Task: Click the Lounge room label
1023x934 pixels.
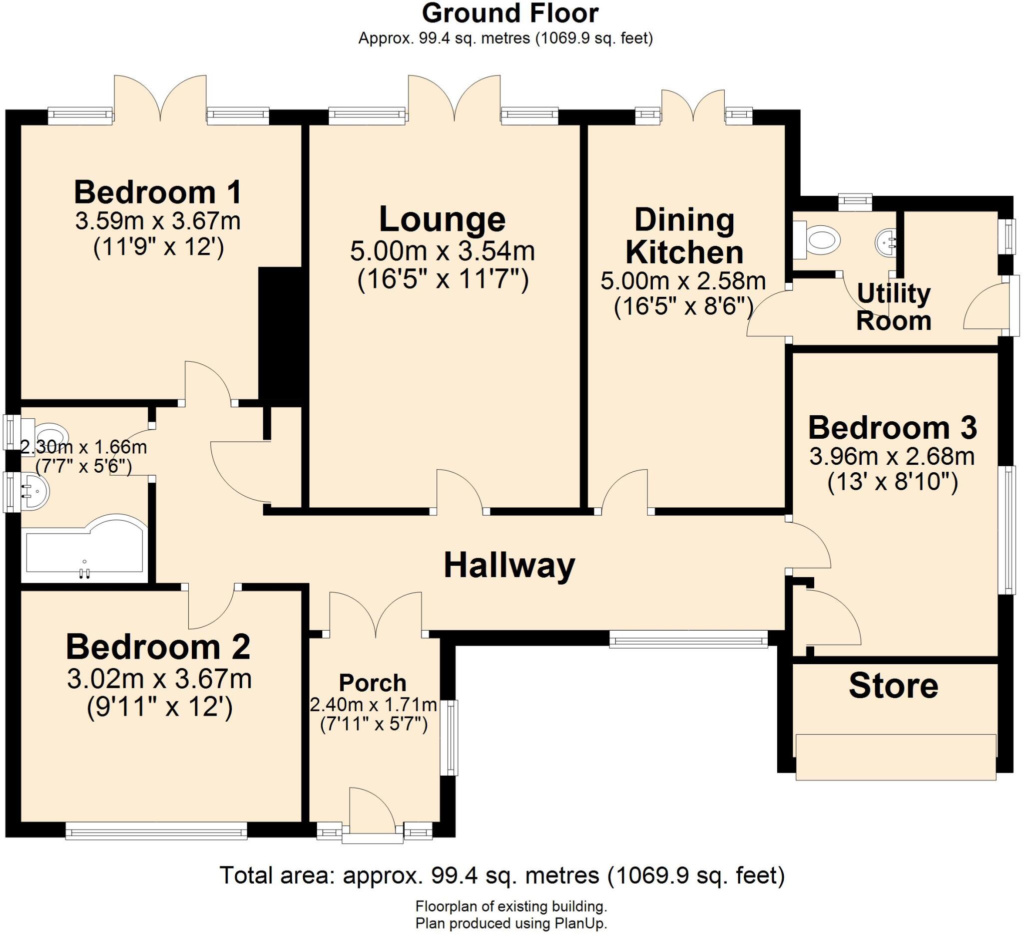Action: point(442,219)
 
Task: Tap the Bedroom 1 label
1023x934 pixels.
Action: point(157,192)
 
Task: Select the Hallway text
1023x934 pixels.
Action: point(509,566)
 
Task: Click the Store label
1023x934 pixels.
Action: point(893,686)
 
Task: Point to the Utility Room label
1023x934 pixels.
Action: point(893,307)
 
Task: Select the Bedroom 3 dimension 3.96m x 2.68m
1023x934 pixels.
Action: point(892,457)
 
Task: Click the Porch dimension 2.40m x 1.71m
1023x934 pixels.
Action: point(373,705)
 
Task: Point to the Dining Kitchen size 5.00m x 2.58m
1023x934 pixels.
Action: point(683,281)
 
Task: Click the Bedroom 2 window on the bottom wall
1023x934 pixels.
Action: point(156,832)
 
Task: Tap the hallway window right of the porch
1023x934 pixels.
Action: point(688,640)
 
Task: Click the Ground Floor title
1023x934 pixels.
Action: point(510,13)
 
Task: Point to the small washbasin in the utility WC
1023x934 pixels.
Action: point(886,241)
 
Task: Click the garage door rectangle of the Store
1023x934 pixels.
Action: point(896,756)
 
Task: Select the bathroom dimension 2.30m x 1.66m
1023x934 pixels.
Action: point(84,447)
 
